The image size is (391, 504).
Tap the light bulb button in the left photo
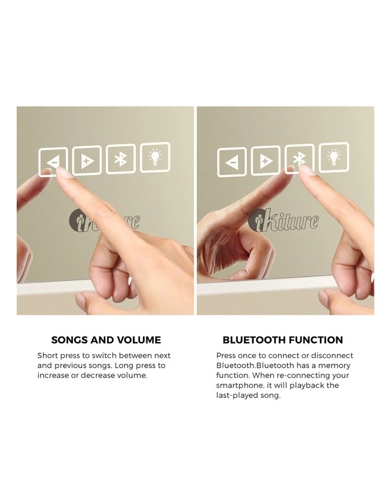pyautogui.click(x=155, y=157)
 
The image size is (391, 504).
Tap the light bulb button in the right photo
pyautogui.click(x=334, y=157)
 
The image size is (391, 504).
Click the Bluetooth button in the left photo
pyautogui.click(x=121, y=159)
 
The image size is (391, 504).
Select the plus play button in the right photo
pyautogui.click(x=266, y=160)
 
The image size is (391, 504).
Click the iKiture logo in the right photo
pyautogui.click(x=283, y=220)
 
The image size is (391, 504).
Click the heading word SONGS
pyautogui.click(x=70, y=340)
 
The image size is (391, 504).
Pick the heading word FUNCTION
pyautogui.click(x=316, y=340)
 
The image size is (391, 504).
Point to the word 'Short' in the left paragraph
pyautogui.click(x=48, y=356)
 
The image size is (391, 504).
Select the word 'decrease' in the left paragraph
pyautogui.click(x=98, y=375)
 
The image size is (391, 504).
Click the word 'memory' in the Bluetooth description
pyautogui.click(x=334, y=366)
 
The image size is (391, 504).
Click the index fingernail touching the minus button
pyautogui.click(x=64, y=174)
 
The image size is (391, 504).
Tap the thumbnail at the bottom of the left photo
pyautogui.click(x=81, y=300)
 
